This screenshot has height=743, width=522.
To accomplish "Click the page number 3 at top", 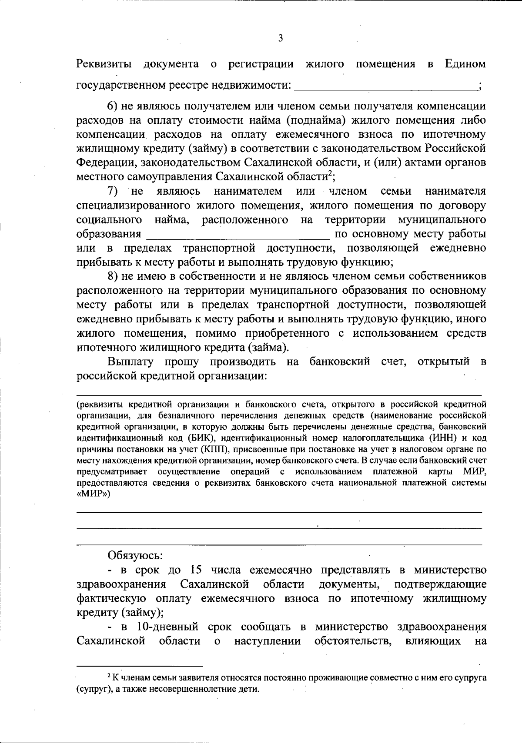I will [x=280, y=38].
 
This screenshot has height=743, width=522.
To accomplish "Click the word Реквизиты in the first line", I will [x=104, y=64].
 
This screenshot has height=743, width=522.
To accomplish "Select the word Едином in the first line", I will [x=465, y=64].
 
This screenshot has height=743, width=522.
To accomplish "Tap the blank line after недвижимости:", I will [x=385, y=86].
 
